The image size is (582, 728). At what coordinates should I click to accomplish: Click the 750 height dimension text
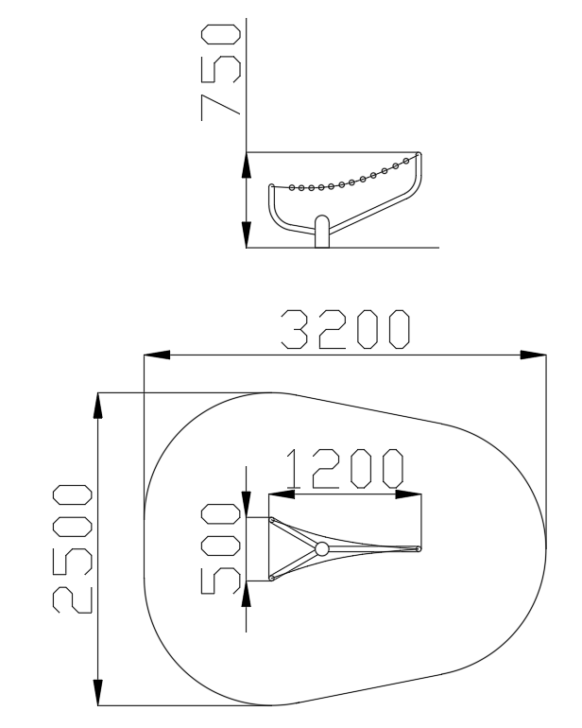[x=221, y=73]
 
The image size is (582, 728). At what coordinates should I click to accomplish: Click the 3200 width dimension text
[x=346, y=329]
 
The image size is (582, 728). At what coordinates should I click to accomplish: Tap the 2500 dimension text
[x=73, y=548]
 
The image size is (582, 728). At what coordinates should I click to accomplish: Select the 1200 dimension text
[x=344, y=468]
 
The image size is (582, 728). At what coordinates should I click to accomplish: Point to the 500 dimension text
[x=220, y=548]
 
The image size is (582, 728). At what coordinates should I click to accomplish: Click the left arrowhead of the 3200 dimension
[x=157, y=355]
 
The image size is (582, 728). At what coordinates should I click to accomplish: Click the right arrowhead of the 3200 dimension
[x=533, y=355]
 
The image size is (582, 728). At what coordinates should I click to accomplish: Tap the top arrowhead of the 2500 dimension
[x=97, y=406]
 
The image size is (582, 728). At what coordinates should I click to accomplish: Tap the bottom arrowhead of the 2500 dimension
[x=97, y=692]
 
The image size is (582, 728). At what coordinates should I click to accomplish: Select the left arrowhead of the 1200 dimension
[x=282, y=494]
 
